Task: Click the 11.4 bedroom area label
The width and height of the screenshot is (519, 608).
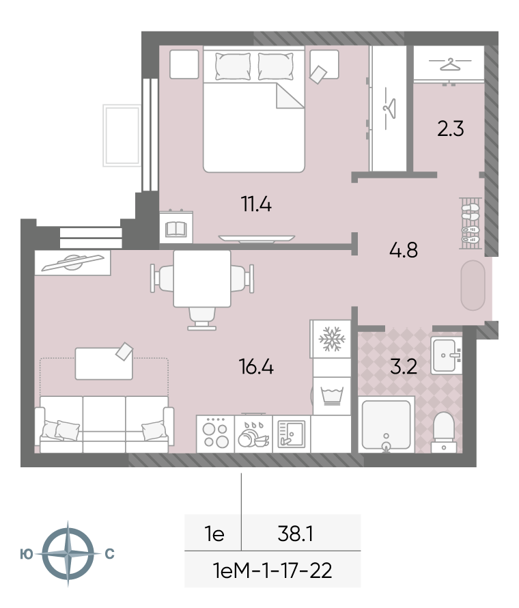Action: pyautogui.click(x=256, y=204)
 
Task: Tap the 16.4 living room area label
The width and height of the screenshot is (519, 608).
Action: pyautogui.click(x=256, y=367)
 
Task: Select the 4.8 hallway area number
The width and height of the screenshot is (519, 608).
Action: pyautogui.click(x=404, y=250)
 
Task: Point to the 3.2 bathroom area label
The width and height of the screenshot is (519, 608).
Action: pyautogui.click(x=404, y=366)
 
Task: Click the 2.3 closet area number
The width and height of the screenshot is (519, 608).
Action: pyautogui.click(x=451, y=128)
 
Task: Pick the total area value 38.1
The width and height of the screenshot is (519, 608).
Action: pyautogui.click(x=296, y=534)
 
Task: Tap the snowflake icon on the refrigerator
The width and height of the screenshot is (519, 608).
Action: pyautogui.click(x=332, y=339)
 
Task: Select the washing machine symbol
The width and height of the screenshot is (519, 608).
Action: pyautogui.click(x=332, y=396)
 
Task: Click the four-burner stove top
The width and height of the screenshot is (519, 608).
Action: pyautogui.click(x=216, y=434)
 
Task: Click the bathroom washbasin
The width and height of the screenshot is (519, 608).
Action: pyautogui.click(x=446, y=355)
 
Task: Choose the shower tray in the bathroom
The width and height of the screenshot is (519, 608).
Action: pyautogui.click(x=386, y=425)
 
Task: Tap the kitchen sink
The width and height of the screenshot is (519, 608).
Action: pyautogui.click(x=292, y=434)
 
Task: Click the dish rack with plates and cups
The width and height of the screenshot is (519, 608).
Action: pyautogui.click(x=253, y=434)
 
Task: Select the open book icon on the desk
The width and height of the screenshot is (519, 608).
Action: pyautogui.click(x=176, y=229)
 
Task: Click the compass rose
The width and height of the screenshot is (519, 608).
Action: pyautogui.click(x=68, y=554)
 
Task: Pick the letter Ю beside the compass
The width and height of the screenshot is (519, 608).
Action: pyautogui.click(x=27, y=554)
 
